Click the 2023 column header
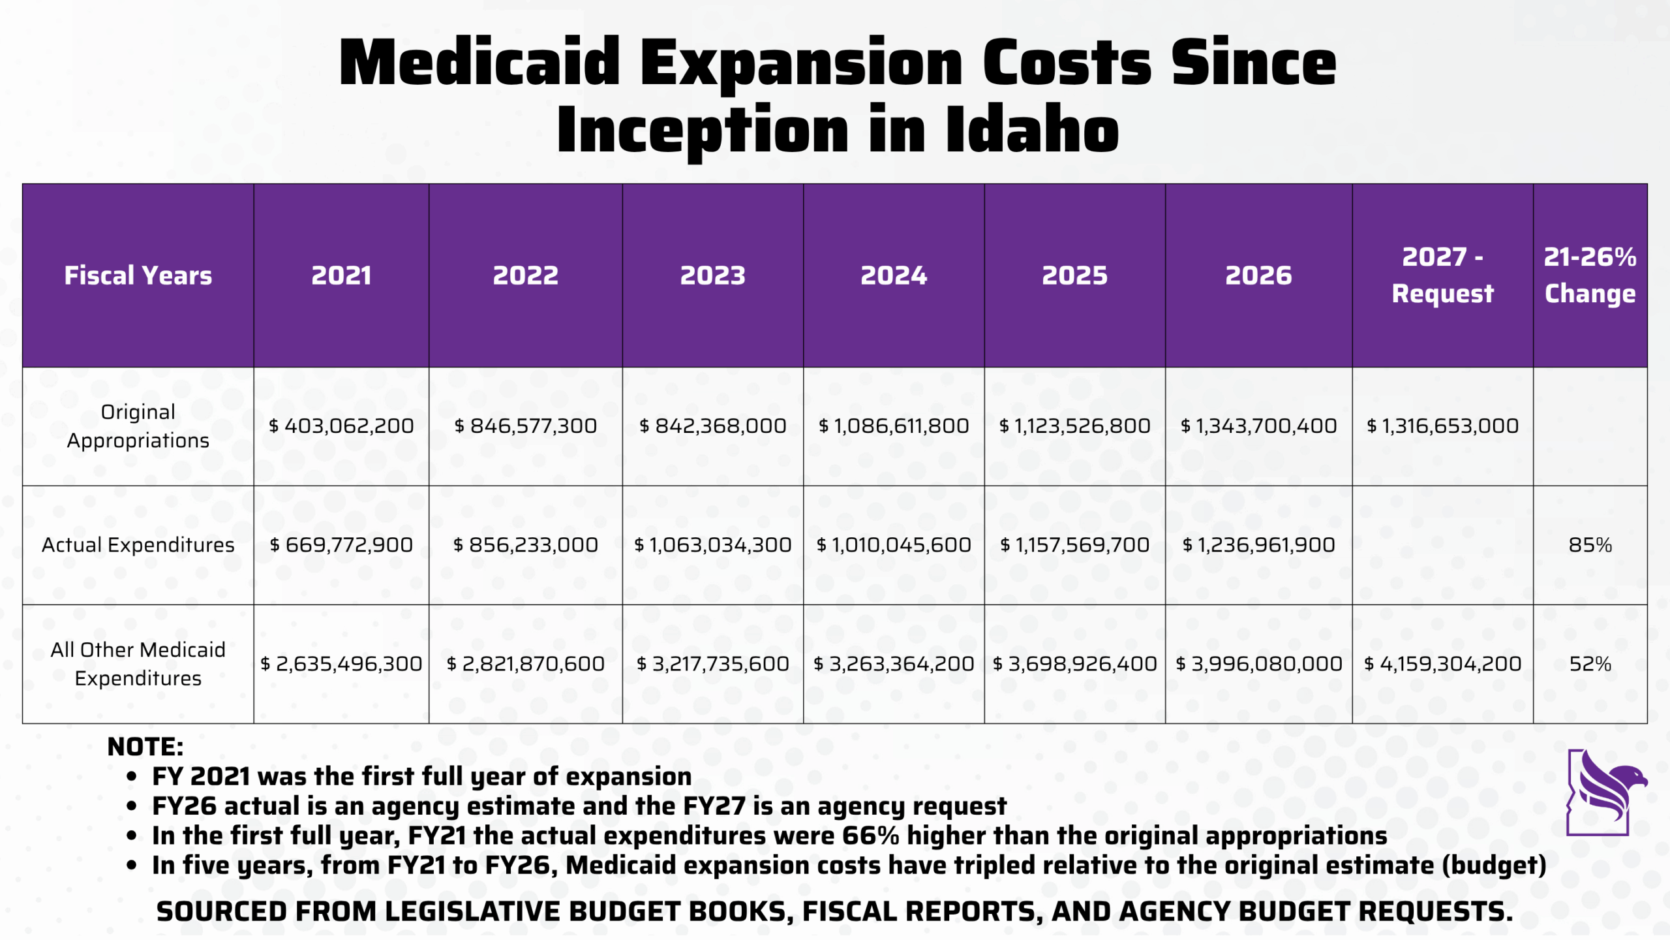712,275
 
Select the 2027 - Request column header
1442,275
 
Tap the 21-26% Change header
1590,275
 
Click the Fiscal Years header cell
138,275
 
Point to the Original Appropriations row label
138,426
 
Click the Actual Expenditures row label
138,545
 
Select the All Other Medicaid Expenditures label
138,664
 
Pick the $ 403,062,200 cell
341,426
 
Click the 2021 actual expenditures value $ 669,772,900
341,545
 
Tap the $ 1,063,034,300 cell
712,545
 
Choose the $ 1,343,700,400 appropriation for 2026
1258,426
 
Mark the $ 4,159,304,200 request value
1442,664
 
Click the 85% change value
1590,545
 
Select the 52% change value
1590,664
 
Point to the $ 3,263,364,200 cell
894,664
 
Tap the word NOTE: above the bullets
145,747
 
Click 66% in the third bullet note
870,836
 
